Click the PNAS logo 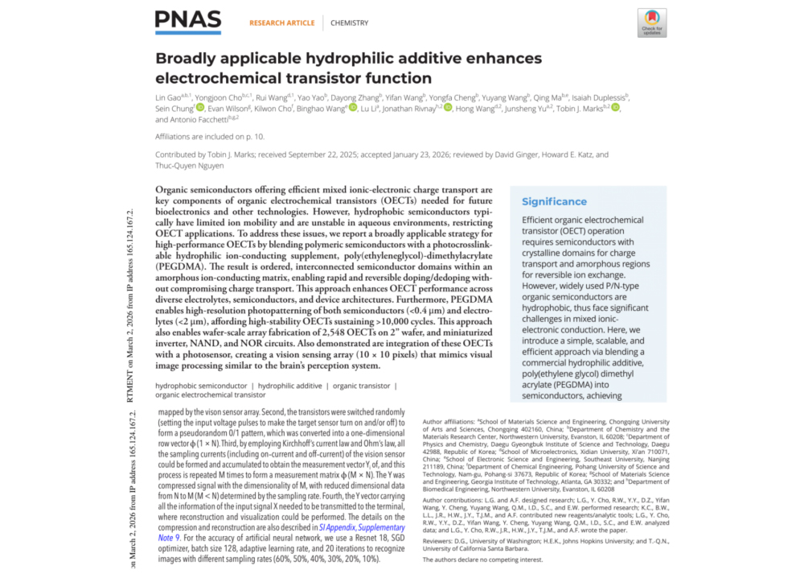pos(187,22)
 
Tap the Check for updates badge pos(651,22)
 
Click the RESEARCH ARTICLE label pos(281,23)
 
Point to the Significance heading pos(554,201)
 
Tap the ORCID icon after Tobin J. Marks pos(615,108)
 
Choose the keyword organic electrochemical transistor pos(210,395)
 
